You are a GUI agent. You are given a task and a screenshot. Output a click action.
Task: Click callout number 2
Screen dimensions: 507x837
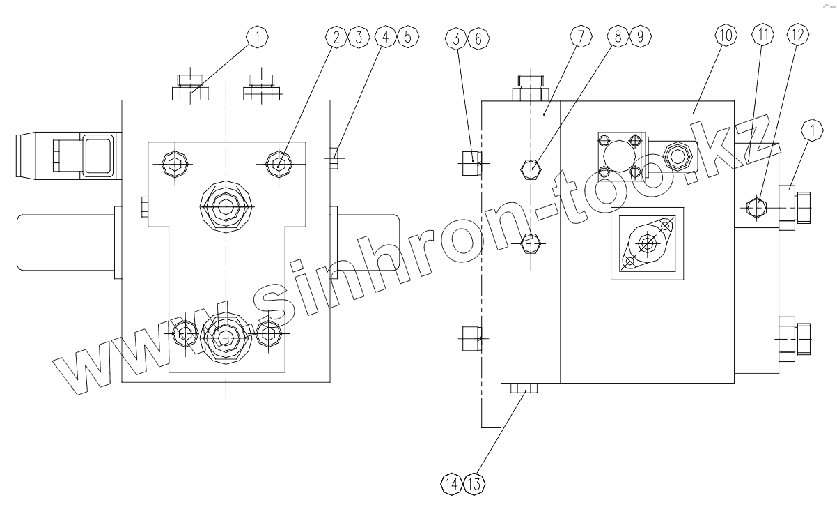336,38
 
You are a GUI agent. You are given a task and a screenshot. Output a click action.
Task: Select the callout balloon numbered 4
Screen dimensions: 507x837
385,38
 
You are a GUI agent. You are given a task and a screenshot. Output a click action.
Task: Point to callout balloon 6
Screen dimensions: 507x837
478,38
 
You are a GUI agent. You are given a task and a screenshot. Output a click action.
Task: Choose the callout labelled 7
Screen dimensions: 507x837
579,38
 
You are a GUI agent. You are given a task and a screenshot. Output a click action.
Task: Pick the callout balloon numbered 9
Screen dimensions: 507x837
639,38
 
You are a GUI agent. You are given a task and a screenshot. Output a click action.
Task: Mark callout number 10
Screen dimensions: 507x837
725,38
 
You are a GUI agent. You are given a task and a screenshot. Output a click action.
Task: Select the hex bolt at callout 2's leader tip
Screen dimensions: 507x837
279,165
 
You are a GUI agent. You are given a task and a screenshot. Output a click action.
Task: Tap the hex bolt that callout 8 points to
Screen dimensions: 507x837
532,167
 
